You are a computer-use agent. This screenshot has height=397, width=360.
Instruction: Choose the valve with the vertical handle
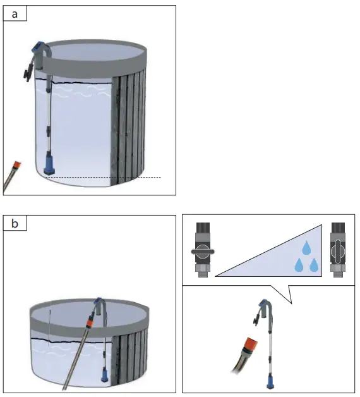click(x=337, y=251)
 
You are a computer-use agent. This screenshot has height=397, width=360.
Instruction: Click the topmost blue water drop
click(x=306, y=247)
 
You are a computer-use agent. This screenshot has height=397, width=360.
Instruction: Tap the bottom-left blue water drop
click(x=299, y=266)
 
